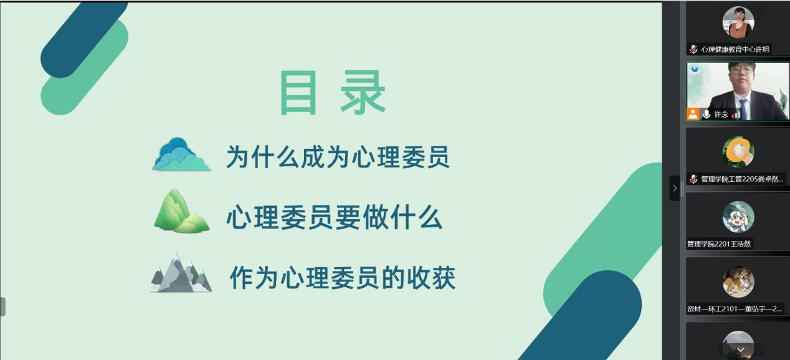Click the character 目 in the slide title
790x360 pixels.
pos(298,92)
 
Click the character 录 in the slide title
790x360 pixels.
pos(363,92)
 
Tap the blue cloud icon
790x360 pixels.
pos(182,154)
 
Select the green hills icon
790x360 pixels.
pos(182,211)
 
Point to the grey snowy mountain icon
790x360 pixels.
pos(181,273)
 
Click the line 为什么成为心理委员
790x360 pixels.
pos(338,157)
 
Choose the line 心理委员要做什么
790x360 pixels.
pos(335,217)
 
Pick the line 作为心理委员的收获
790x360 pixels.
pos(343,278)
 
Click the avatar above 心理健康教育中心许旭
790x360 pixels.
pos(738,22)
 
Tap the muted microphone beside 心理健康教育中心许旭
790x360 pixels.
pos(693,49)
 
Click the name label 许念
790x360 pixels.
pos(721,115)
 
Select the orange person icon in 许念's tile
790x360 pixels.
pos(693,114)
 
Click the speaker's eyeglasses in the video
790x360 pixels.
pos(741,70)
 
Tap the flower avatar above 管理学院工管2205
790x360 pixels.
pos(738,152)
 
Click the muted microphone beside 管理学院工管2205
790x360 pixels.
pos(693,179)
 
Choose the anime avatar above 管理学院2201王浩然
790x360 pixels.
pos(738,217)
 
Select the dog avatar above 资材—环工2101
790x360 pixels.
pos(738,282)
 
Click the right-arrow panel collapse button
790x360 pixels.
pos(675,188)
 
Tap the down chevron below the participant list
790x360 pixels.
pos(740,350)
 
